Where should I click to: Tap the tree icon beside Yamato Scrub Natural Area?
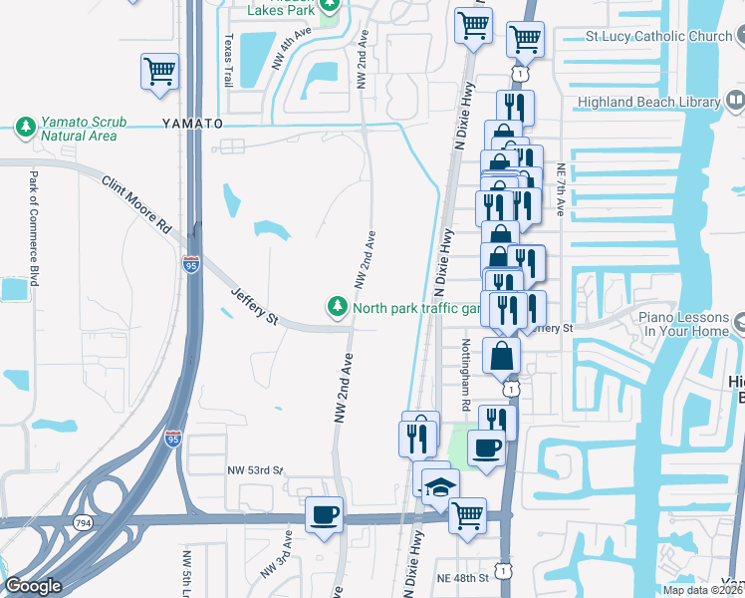[24, 127]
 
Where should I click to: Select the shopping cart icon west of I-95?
[158, 72]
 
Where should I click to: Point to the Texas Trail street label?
[228, 60]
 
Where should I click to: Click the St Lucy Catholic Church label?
[658, 37]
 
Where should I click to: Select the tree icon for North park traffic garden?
[338, 307]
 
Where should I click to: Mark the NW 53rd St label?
[255, 469]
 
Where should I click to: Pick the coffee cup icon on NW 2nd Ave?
[324, 515]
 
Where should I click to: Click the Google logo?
[33, 586]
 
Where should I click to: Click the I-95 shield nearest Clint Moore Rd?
[191, 265]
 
